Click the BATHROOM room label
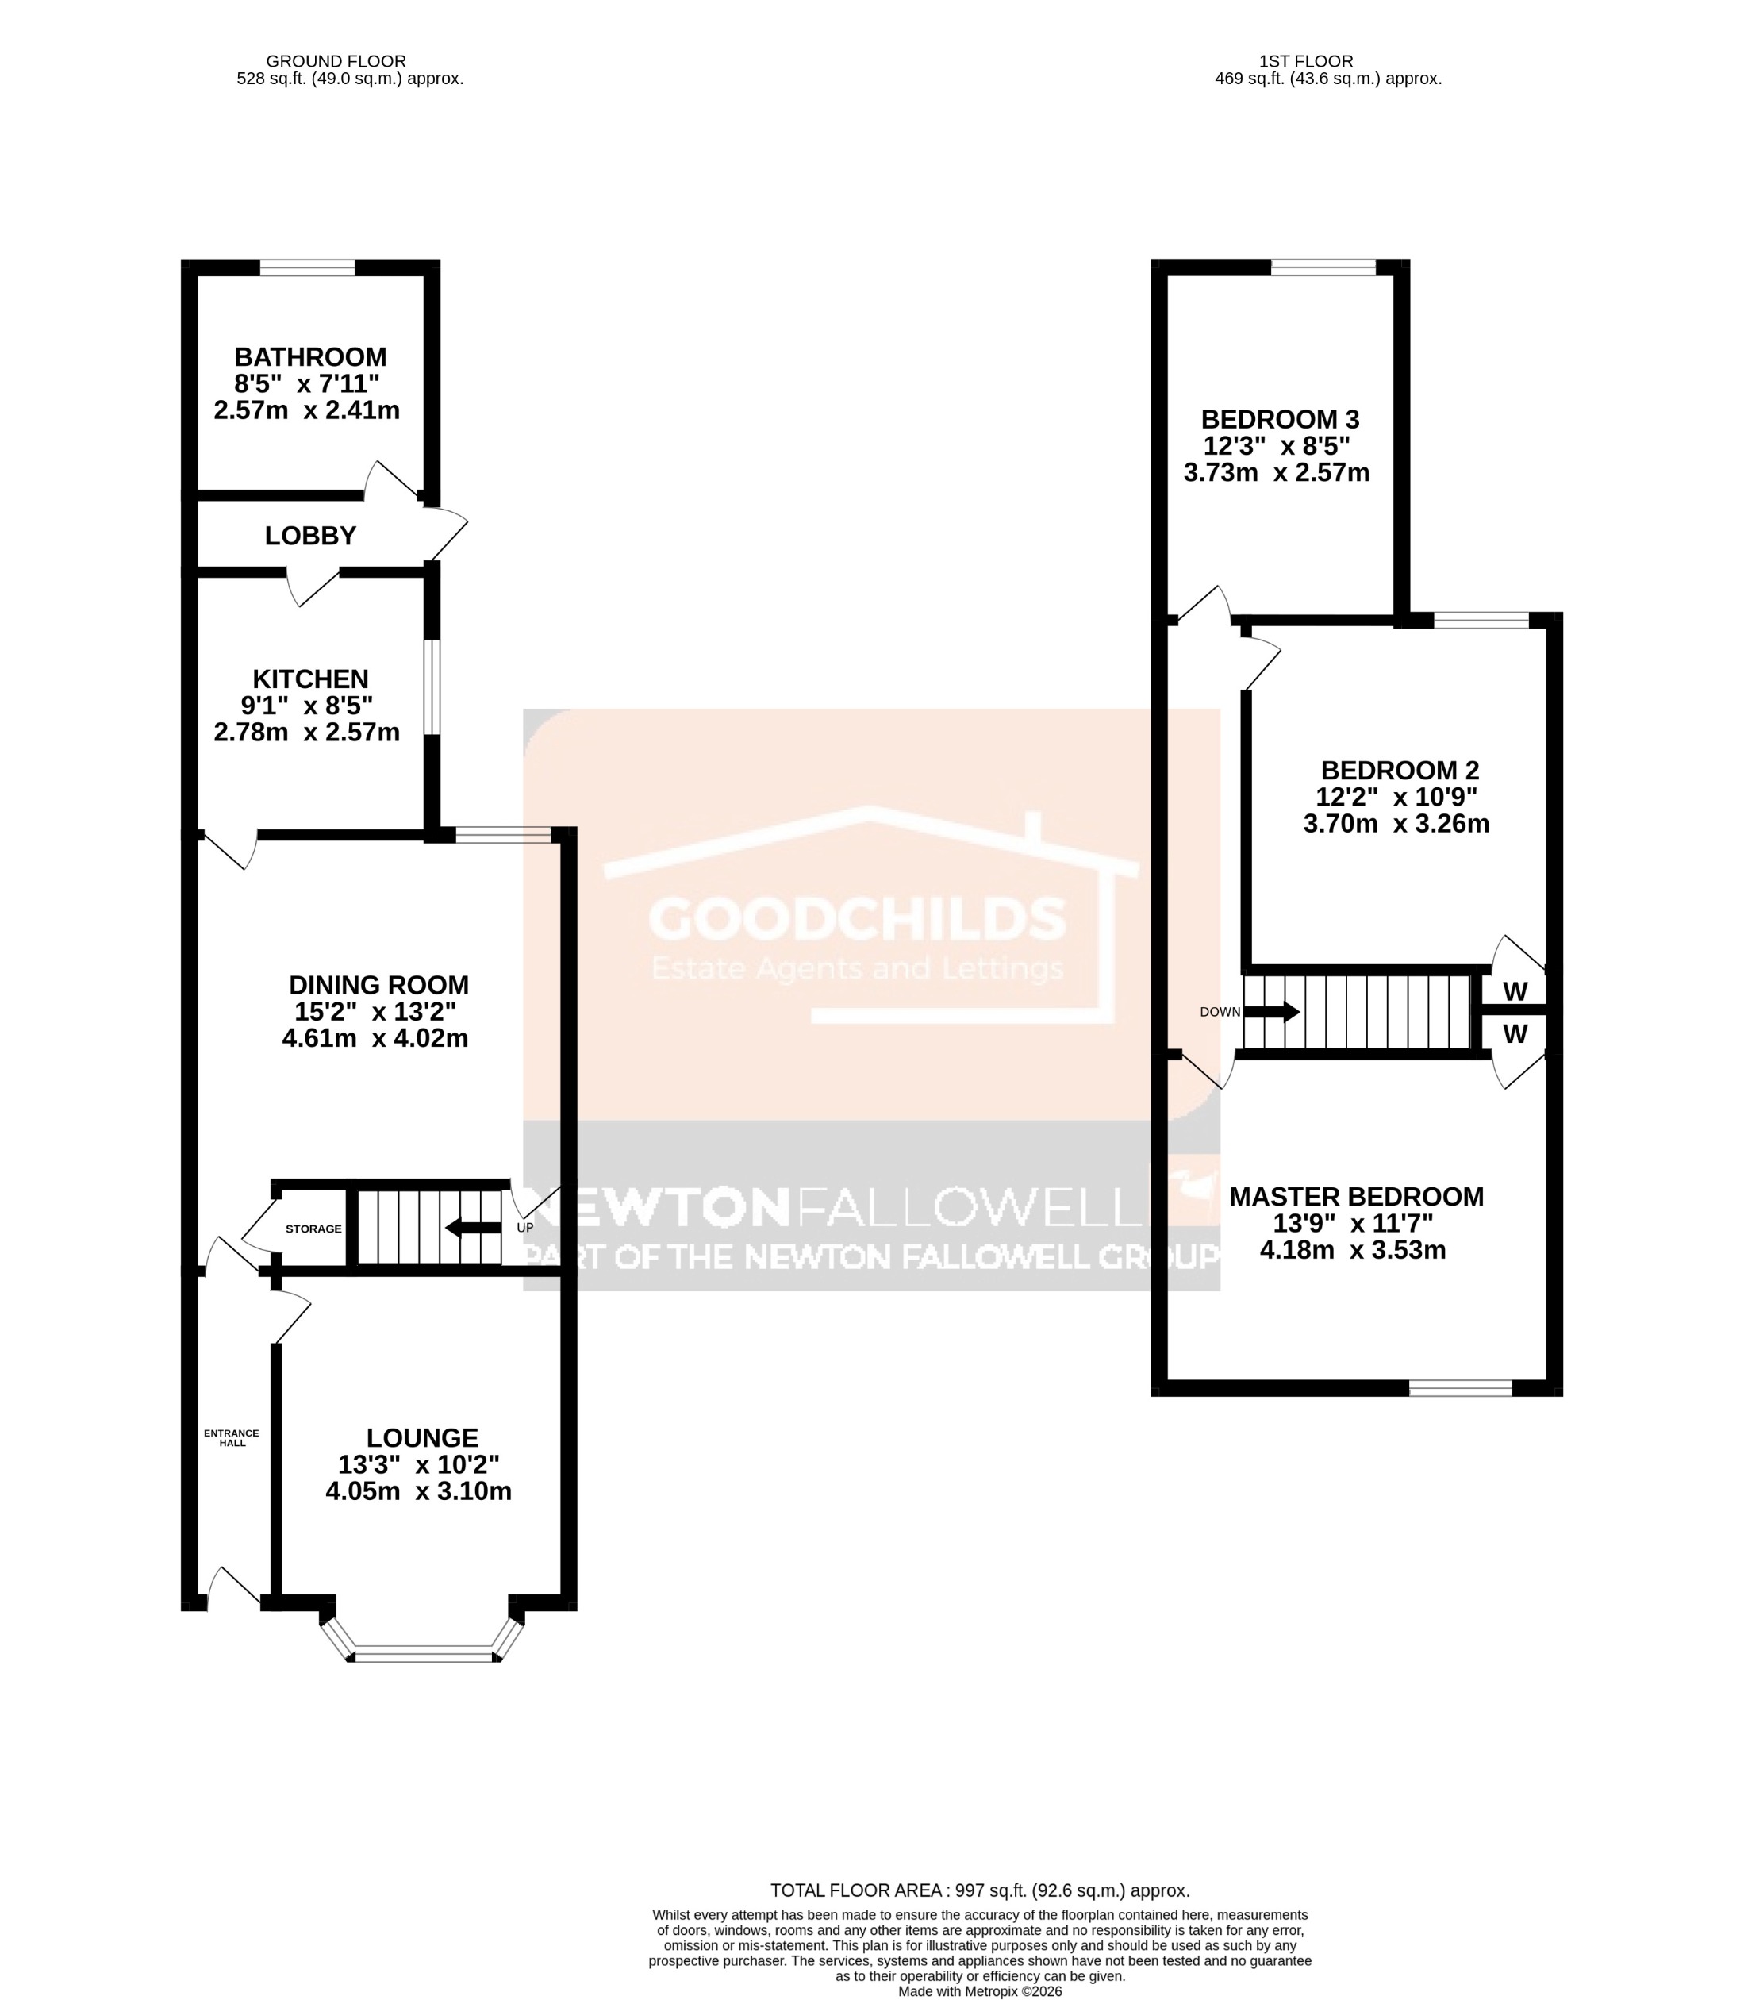tap(310, 356)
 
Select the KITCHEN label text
tap(310, 679)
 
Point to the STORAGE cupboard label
tap(313, 1229)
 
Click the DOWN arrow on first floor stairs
tap(1273, 1011)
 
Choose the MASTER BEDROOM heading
tap(1356, 1196)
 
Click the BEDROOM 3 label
tap(1280, 420)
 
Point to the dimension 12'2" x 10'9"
tap(1396, 796)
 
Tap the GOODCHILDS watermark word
tap(858, 919)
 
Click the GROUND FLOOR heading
tap(336, 61)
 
